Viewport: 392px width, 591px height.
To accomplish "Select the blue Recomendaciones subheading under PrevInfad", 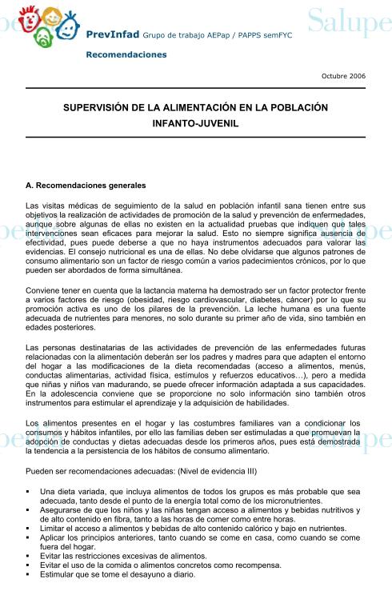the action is [x=126, y=54].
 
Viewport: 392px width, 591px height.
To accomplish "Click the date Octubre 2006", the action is [x=343, y=76].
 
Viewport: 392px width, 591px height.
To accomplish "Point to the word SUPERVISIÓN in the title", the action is [x=102, y=107].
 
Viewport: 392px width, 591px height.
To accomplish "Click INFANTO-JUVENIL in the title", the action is [x=195, y=125].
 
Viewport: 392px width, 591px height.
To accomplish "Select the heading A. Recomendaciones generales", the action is [x=86, y=186].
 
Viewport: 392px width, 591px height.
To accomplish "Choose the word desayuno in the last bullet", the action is [x=142, y=574].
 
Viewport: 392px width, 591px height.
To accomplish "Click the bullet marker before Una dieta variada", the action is [x=28, y=491].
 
